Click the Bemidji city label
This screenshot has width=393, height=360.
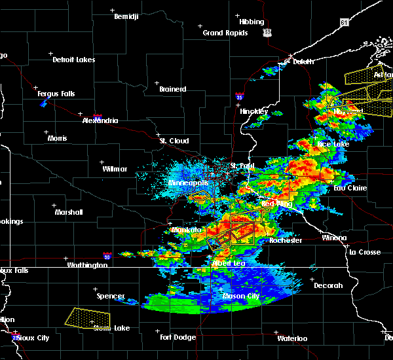(x=127, y=16)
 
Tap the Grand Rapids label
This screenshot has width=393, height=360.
(x=225, y=33)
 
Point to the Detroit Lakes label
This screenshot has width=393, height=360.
(x=73, y=60)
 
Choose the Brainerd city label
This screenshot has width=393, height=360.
(x=172, y=89)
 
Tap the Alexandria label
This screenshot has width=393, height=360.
(x=100, y=120)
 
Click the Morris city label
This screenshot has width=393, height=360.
(x=57, y=138)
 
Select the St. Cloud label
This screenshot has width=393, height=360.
(x=174, y=141)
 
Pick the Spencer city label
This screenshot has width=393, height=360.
(x=111, y=296)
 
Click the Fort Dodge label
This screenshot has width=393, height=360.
(x=178, y=337)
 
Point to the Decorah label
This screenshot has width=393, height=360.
(x=328, y=285)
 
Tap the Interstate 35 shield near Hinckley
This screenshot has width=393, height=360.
(x=240, y=98)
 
